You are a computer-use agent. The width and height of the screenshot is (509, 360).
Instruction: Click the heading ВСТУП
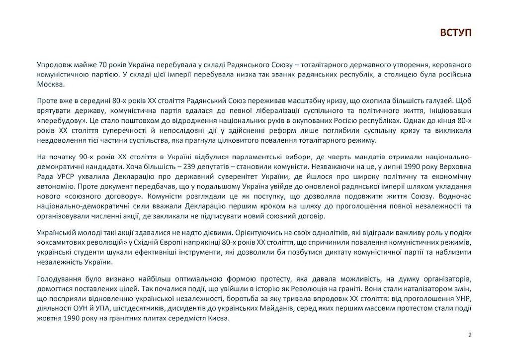pos(455,33)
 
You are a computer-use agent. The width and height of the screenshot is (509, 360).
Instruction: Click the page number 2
pos(470,335)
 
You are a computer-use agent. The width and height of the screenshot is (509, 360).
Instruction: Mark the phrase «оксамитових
pos(62,242)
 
